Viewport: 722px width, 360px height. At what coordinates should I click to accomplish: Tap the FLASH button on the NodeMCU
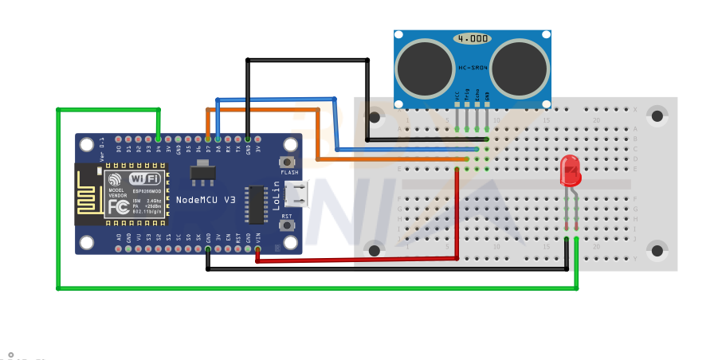[x=288, y=162]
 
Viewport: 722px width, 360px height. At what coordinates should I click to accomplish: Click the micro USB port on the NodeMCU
[x=298, y=194]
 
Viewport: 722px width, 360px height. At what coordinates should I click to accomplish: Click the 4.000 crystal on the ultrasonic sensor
[x=472, y=38]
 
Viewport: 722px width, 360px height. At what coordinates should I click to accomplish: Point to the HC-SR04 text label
[x=472, y=68]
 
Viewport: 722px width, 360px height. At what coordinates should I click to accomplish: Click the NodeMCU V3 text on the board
[x=206, y=198]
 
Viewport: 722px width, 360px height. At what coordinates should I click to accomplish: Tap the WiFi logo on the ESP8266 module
[x=145, y=178]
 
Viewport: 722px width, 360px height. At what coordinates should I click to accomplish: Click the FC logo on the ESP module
[x=118, y=205]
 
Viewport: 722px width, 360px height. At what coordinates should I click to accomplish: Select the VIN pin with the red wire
[x=257, y=248]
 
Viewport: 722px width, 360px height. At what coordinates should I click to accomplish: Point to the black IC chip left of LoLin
[x=256, y=205]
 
